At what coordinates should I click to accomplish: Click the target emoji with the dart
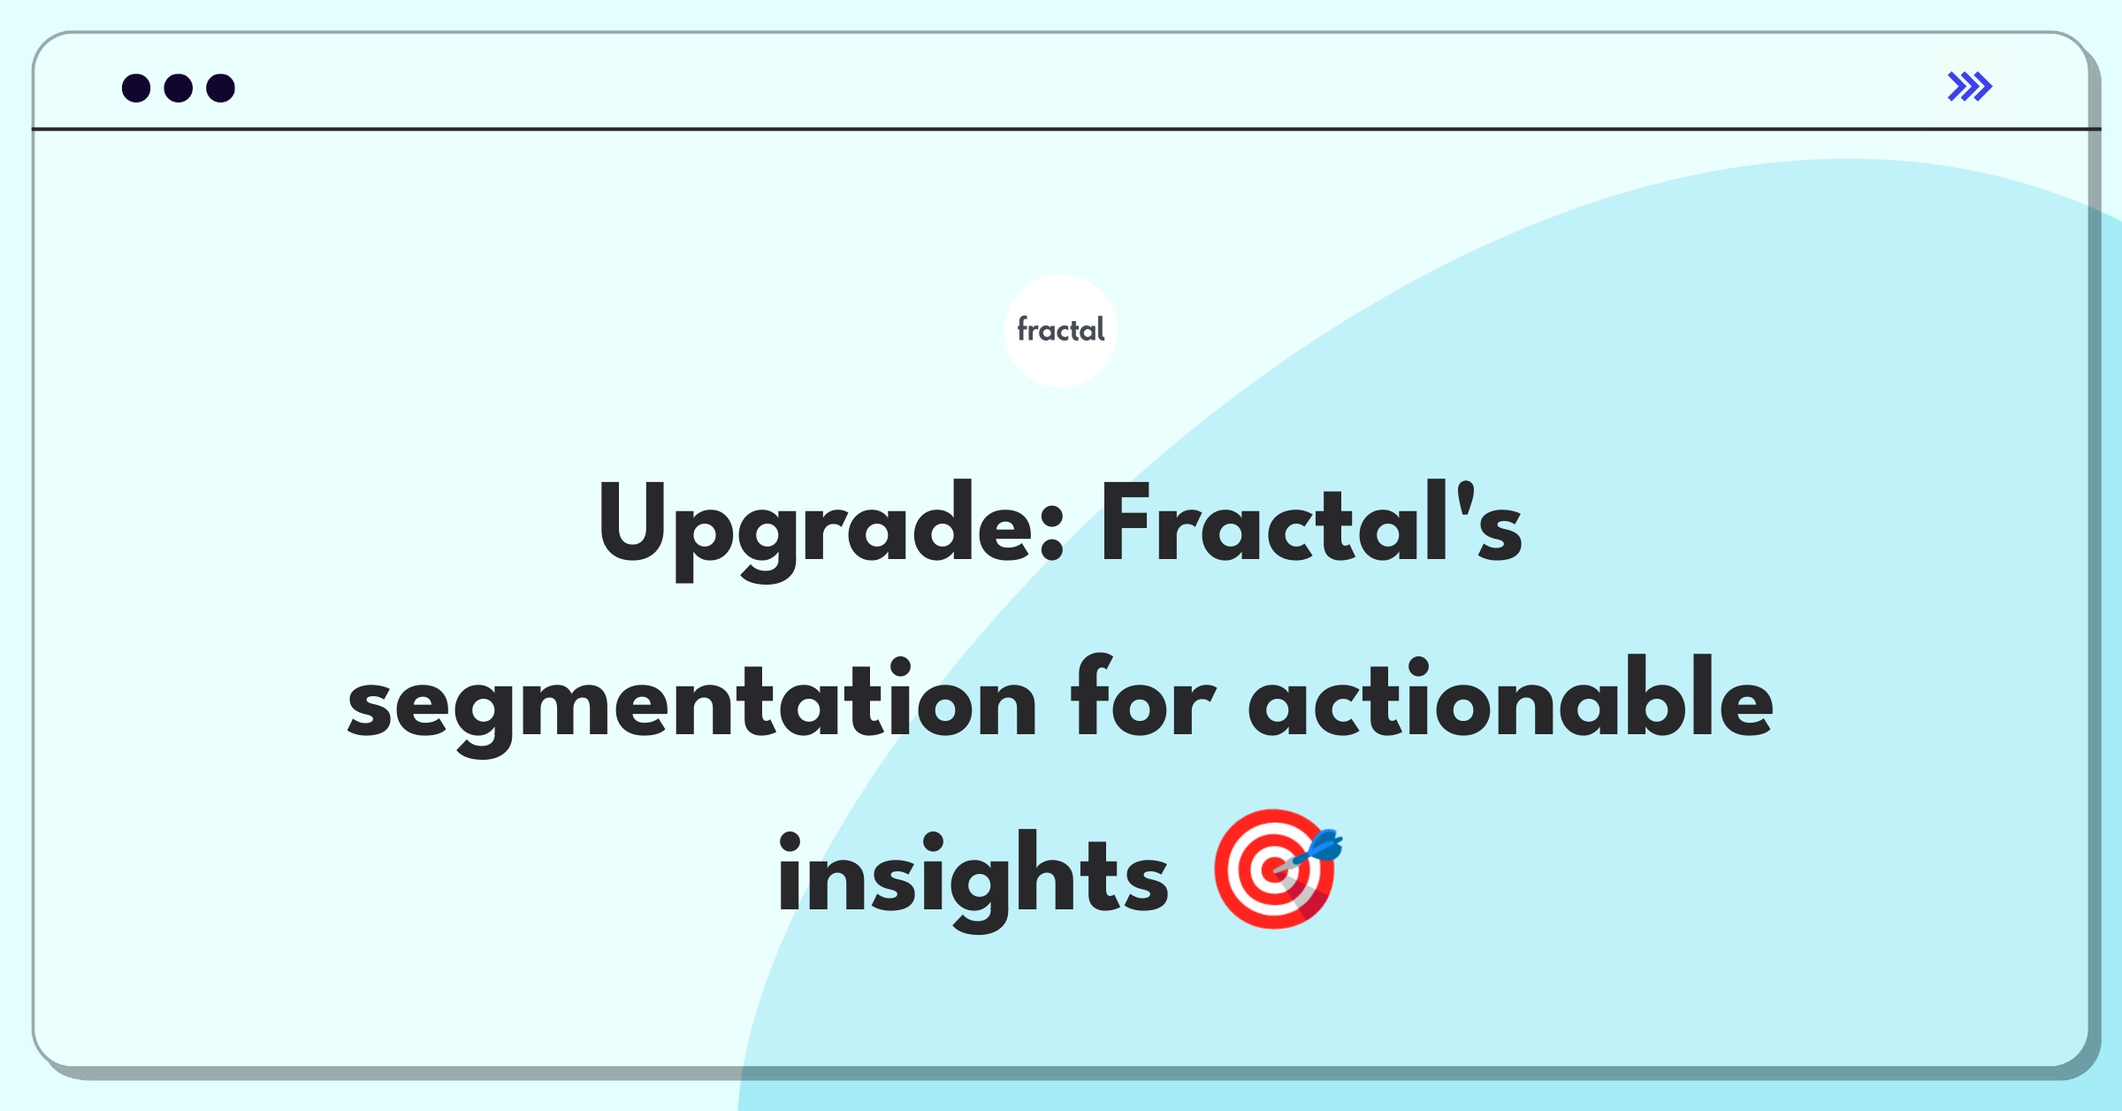pos(1278,868)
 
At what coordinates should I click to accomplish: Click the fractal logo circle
pos(1061,331)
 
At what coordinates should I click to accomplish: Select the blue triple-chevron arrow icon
pos(1970,87)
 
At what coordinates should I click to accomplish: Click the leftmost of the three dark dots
pos(136,88)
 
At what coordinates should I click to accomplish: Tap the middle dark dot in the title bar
pos(179,88)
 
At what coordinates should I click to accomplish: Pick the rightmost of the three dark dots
pos(221,88)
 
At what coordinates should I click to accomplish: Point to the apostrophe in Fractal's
pos(1466,498)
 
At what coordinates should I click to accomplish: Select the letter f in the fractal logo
pos(1024,329)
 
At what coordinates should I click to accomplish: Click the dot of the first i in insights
pos(790,843)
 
